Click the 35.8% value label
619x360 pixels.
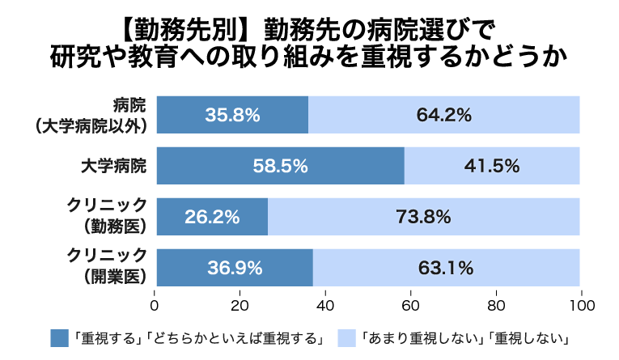pyautogui.click(x=232, y=115)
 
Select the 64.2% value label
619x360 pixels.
pyautogui.click(x=443, y=115)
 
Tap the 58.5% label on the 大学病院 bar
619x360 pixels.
pyautogui.click(x=280, y=166)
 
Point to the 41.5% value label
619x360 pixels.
pyautogui.click(x=492, y=166)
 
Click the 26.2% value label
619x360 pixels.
pyautogui.click(x=212, y=217)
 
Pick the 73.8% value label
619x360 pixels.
pyautogui.click(x=423, y=217)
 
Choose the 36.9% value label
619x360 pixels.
pyautogui.click(x=235, y=268)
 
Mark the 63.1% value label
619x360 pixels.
pyautogui.click(x=446, y=268)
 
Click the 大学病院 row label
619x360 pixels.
pyautogui.click(x=114, y=166)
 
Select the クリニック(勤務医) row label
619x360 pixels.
pyautogui.click(x=107, y=216)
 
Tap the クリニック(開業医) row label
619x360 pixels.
pyautogui.click(x=107, y=266)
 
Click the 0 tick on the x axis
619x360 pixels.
pyautogui.click(x=155, y=306)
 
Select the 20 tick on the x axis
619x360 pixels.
pyautogui.click(x=240, y=306)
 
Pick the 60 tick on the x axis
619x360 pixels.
pyautogui.click(x=410, y=306)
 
